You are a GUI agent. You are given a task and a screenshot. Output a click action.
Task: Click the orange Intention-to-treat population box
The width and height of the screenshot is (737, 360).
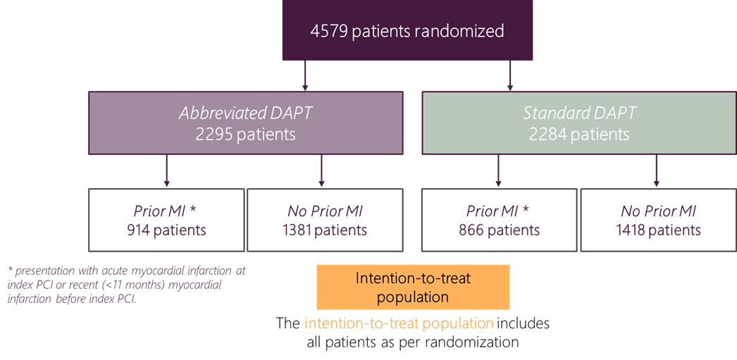coord(413,287)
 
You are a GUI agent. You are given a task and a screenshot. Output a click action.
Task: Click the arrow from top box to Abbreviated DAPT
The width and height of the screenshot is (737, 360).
coord(305,75)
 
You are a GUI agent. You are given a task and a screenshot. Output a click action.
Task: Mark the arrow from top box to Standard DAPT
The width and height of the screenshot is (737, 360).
coord(510,75)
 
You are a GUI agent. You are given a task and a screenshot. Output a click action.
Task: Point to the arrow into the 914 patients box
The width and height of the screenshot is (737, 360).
coord(166,170)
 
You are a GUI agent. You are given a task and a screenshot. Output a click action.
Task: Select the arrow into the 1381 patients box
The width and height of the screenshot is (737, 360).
coord(321,170)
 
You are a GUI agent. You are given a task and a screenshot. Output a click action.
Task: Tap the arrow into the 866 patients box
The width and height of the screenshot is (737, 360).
coord(499,170)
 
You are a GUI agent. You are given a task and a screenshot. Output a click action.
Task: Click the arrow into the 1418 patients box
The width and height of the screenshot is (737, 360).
coord(656,170)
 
